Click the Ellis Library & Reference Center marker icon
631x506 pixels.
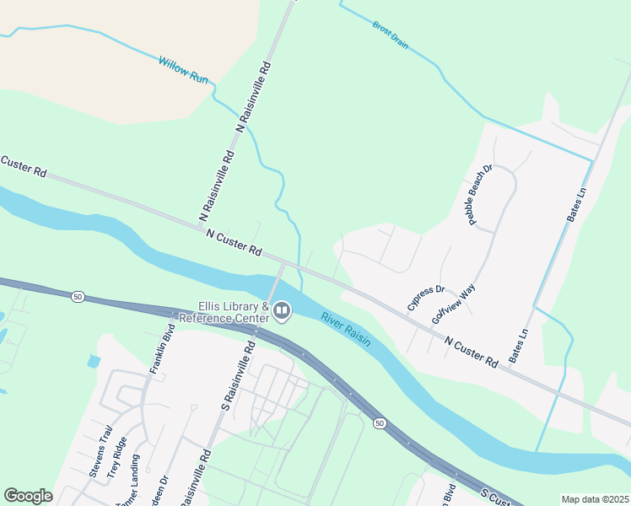click(282, 312)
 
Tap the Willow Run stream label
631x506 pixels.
click(183, 69)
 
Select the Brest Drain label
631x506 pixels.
click(390, 35)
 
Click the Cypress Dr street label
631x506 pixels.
click(425, 298)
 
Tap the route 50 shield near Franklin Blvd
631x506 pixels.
click(78, 297)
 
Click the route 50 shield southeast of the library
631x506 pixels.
click(380, 423)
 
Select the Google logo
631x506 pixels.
click(28, 496)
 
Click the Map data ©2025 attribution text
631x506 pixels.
click(594, 499)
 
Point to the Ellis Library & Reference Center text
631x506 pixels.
click(234, 311)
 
